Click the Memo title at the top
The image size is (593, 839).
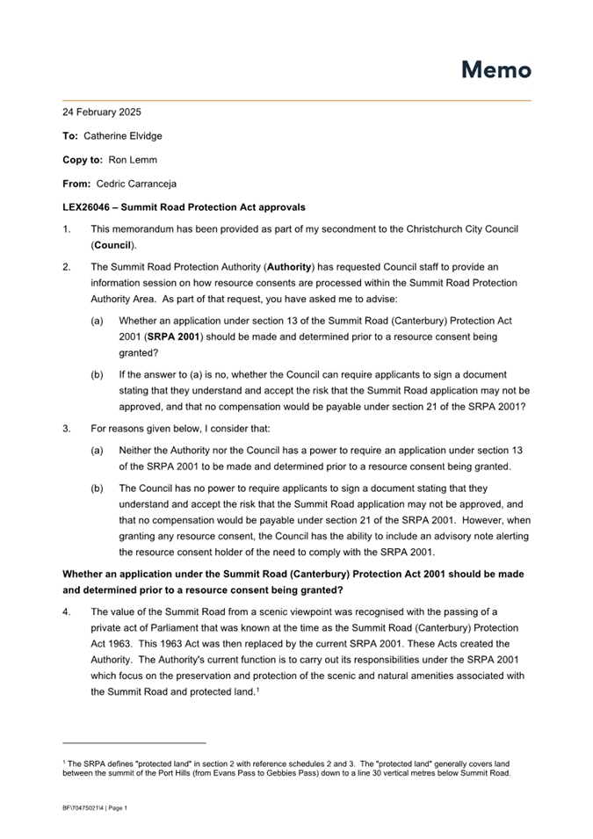496,70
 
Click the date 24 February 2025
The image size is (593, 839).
102,112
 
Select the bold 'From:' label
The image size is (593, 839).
76,184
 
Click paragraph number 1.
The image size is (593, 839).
66,229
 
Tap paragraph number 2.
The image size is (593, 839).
66,265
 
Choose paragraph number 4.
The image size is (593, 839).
66,611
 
